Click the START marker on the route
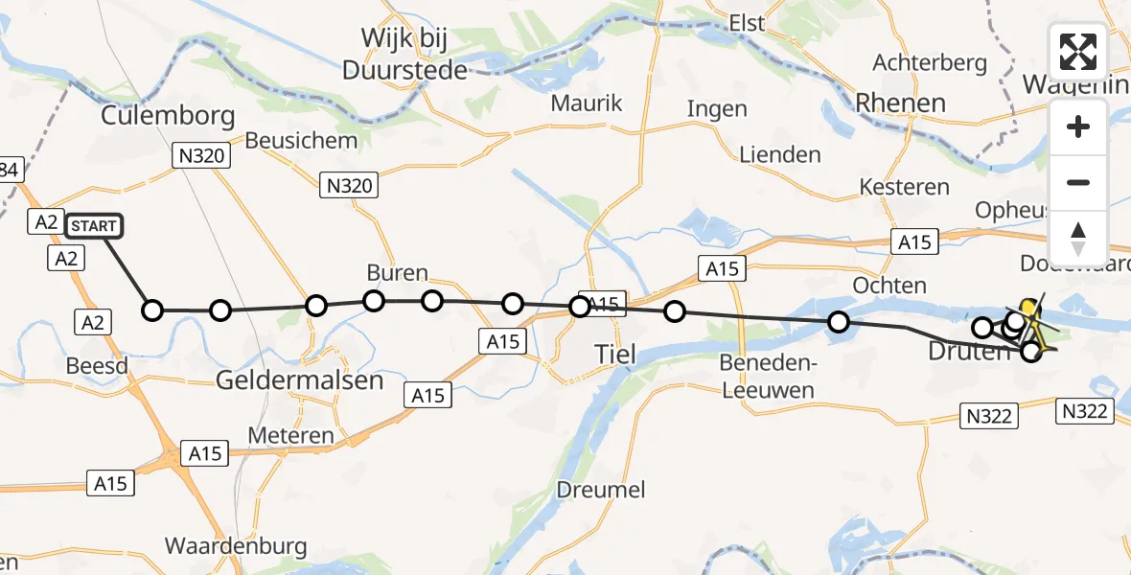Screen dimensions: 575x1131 tap(94, 226)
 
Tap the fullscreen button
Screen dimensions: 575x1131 tap(1078, 51)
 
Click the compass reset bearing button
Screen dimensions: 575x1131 tap(1078, 239)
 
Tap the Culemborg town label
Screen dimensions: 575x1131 tap(168, 117)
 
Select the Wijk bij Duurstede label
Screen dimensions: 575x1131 tap(405, 54)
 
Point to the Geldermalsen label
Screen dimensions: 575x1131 tap(299, 379)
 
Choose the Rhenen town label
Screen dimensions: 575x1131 tap(900, 103)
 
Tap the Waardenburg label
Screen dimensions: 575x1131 tap(236, 546)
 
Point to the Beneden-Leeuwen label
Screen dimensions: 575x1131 tap(767, 377)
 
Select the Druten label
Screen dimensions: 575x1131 tap(967, 352)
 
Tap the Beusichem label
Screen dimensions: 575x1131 tap(301, 140)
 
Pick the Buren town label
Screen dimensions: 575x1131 tap(397, 273)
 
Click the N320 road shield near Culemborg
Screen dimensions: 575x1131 tap(201, 155)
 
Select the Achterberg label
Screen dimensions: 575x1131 tap(930, 63)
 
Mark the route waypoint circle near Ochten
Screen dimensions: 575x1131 tap(839, 322)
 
